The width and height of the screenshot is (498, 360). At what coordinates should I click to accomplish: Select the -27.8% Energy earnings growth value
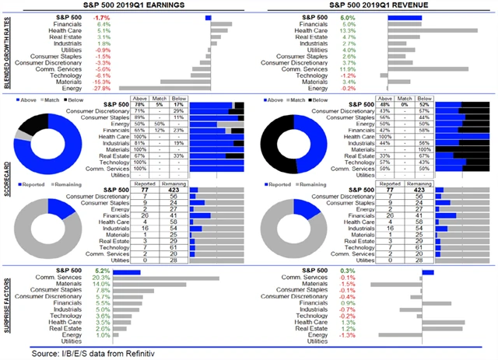point(100,89)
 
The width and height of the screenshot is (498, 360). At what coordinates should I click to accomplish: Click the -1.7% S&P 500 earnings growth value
point(101,16)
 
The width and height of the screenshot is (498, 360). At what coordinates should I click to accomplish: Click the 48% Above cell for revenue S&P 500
point(387,105)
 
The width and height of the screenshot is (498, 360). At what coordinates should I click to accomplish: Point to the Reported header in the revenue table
point(388,181)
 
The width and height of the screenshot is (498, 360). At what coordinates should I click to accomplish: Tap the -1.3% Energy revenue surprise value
point(348,334)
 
